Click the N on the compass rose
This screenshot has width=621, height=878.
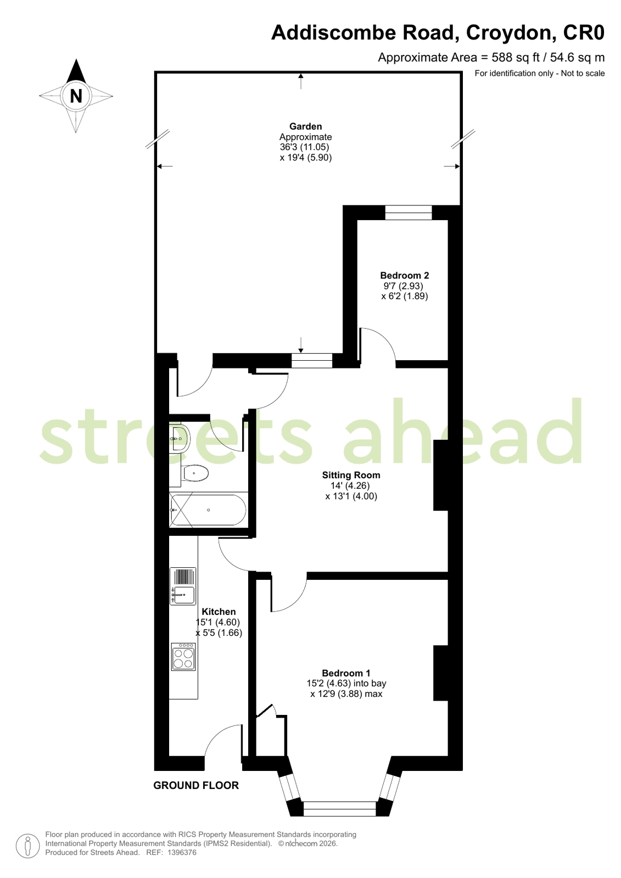[76, 96]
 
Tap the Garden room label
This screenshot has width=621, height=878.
[305, 126]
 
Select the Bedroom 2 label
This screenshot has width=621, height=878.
[405, 275]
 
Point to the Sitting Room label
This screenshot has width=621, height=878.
[351, 475]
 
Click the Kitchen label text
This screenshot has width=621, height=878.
[219, 612]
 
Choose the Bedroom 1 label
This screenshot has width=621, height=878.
[346, 673]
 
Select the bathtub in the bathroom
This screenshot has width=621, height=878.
[208, 510]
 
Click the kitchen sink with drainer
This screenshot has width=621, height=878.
[183, 586]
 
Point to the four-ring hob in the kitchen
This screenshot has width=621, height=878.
[183, 657]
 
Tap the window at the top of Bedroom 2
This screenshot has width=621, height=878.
[409, 212]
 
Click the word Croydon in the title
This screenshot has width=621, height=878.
[511, 32]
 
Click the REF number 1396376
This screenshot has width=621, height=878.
[182, 853]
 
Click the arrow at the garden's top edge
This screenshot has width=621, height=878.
[301, 81]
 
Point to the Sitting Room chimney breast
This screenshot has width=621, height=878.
[441, 475]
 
